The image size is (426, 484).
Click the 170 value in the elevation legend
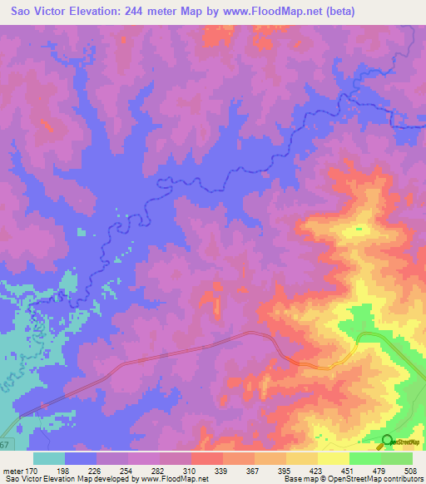coord(31,471)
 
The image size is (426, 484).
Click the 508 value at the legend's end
coord(404,471)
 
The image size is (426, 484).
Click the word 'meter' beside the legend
coord(12,471)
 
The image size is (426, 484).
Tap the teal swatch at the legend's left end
coord(49,458)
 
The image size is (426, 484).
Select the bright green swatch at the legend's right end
coord(397,458)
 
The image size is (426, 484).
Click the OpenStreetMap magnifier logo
coord(387,442)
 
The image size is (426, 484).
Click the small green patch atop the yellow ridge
coord(359,228)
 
